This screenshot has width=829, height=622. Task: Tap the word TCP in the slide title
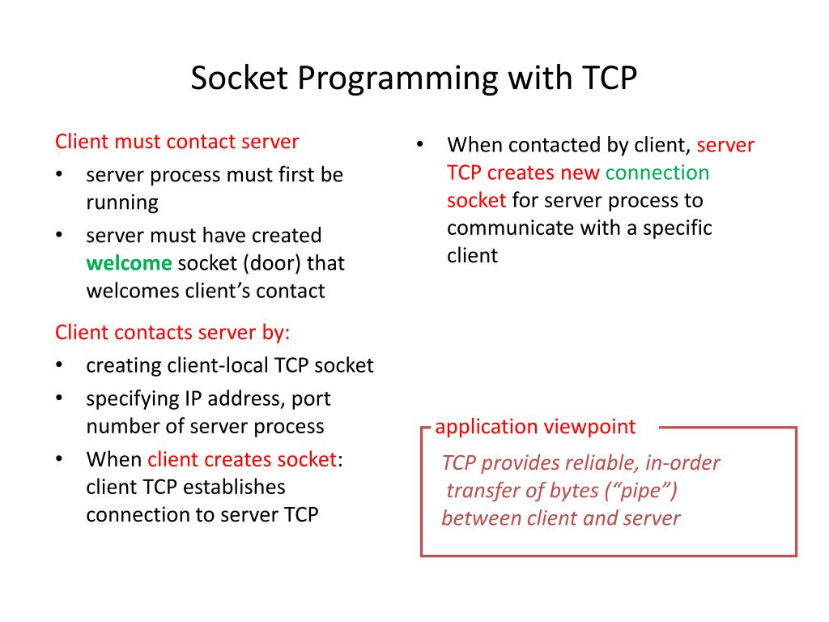click(x=608, y=79)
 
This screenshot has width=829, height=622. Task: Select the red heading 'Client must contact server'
click(x=176, y=142)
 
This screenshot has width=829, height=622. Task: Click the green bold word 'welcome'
click(x=129, y=263)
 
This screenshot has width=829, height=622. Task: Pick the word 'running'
click(x=122, y=202)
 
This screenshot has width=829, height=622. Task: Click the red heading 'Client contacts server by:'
click(x=172, y=332)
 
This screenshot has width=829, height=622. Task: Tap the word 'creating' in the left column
click(x=124, y=365)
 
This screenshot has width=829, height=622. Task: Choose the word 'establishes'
click(x=234, y=487)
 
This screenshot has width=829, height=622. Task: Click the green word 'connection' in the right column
click(x=657, y=173)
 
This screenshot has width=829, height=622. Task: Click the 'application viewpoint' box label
click(x=535, y=427)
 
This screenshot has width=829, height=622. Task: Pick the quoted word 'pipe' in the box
click(x=646, y=491)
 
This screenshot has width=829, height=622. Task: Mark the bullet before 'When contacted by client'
click(x=421, y=145)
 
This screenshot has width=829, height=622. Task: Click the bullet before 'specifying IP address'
click(x=60, y=398)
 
